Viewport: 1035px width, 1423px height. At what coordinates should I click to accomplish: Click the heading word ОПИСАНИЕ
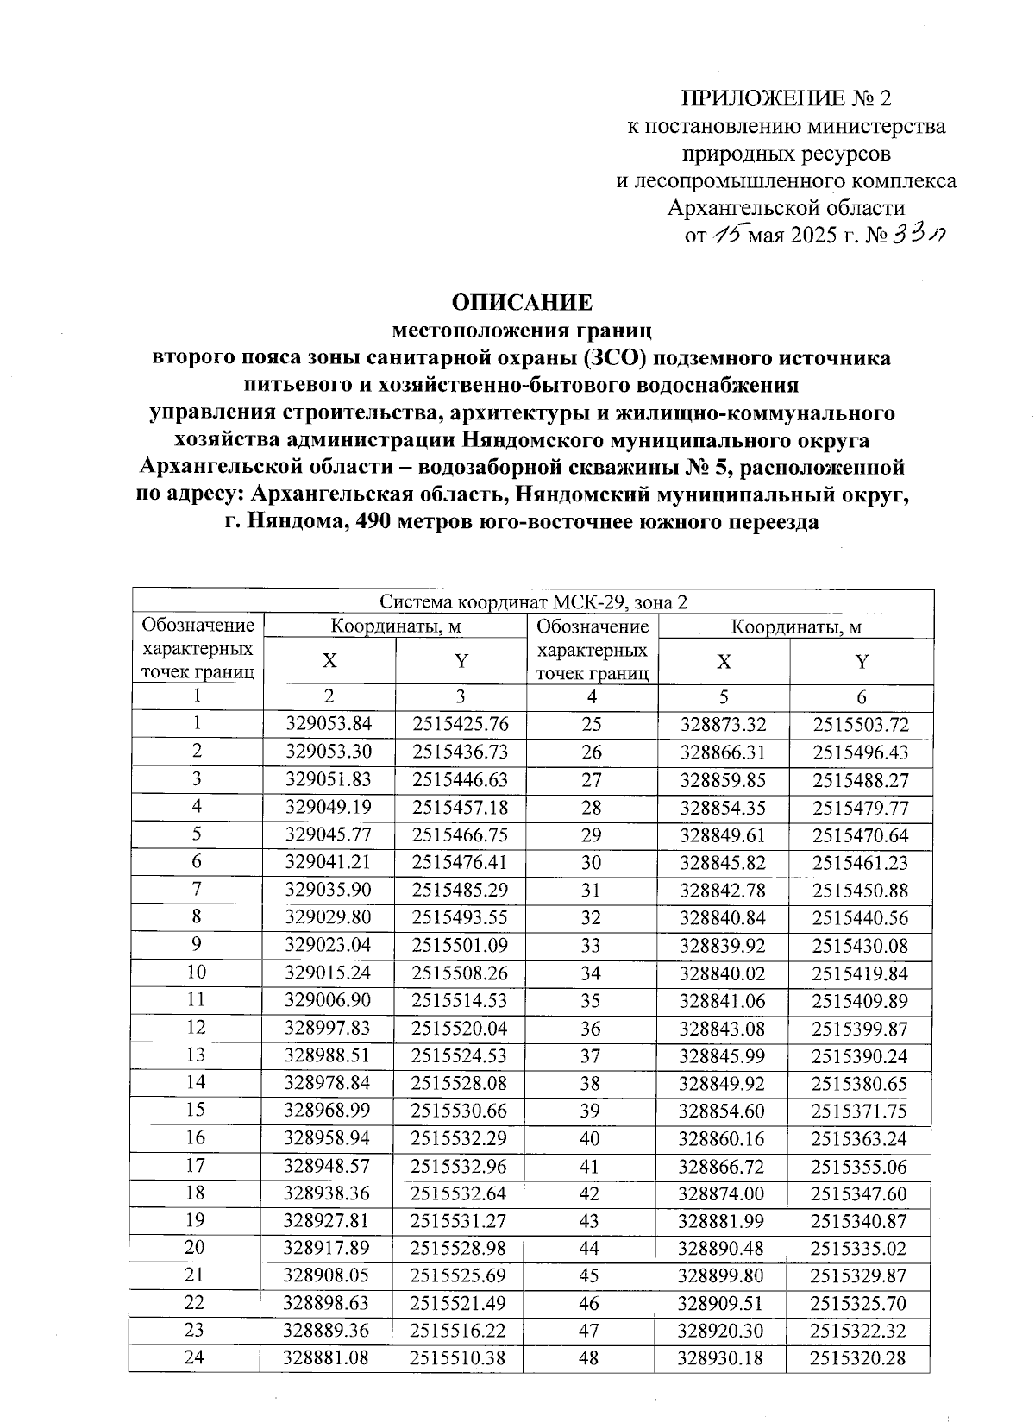[523, 302]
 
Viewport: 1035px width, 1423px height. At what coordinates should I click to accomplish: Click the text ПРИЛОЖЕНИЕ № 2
[786, 97]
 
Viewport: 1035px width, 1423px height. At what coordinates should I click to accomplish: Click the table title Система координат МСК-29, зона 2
[534, 601]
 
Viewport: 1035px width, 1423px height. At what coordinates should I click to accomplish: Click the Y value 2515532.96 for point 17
[460, 1166]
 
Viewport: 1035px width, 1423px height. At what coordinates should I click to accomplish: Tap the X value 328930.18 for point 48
[723, 1357]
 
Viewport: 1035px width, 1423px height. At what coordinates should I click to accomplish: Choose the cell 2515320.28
[860, 1357]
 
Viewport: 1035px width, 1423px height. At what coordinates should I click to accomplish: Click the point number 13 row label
[197, 1055]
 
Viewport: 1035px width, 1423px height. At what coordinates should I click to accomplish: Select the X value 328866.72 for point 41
[723, 1166]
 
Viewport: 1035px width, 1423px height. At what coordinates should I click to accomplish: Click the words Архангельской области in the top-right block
[787, 207]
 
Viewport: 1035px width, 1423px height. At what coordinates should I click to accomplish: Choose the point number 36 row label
[592, 1029]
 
